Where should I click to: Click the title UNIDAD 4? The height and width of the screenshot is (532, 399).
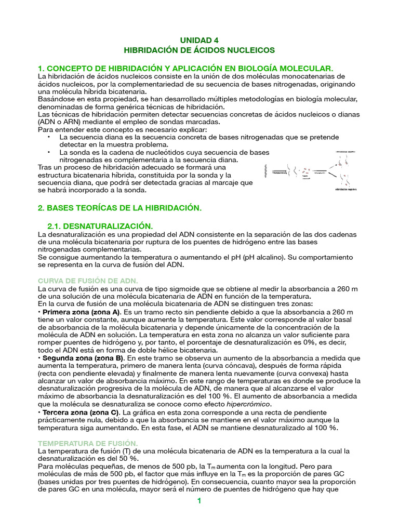click(x=199, y=40)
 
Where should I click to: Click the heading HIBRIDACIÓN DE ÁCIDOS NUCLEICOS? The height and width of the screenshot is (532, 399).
click(x=199, y=50)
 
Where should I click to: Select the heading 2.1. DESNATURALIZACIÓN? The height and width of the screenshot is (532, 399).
click(x=100, y=226)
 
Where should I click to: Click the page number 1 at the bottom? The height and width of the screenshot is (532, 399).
click(x=198, y=501)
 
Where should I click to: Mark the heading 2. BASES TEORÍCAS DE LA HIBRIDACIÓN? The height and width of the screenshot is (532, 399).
click(x=119, y=208)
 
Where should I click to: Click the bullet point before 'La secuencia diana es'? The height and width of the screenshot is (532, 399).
click(x=48, y=137)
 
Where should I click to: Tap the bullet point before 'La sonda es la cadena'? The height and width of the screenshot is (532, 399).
click(x=48, y=152)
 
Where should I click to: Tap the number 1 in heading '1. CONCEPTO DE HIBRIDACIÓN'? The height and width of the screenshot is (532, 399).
click(x=41, y=69)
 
